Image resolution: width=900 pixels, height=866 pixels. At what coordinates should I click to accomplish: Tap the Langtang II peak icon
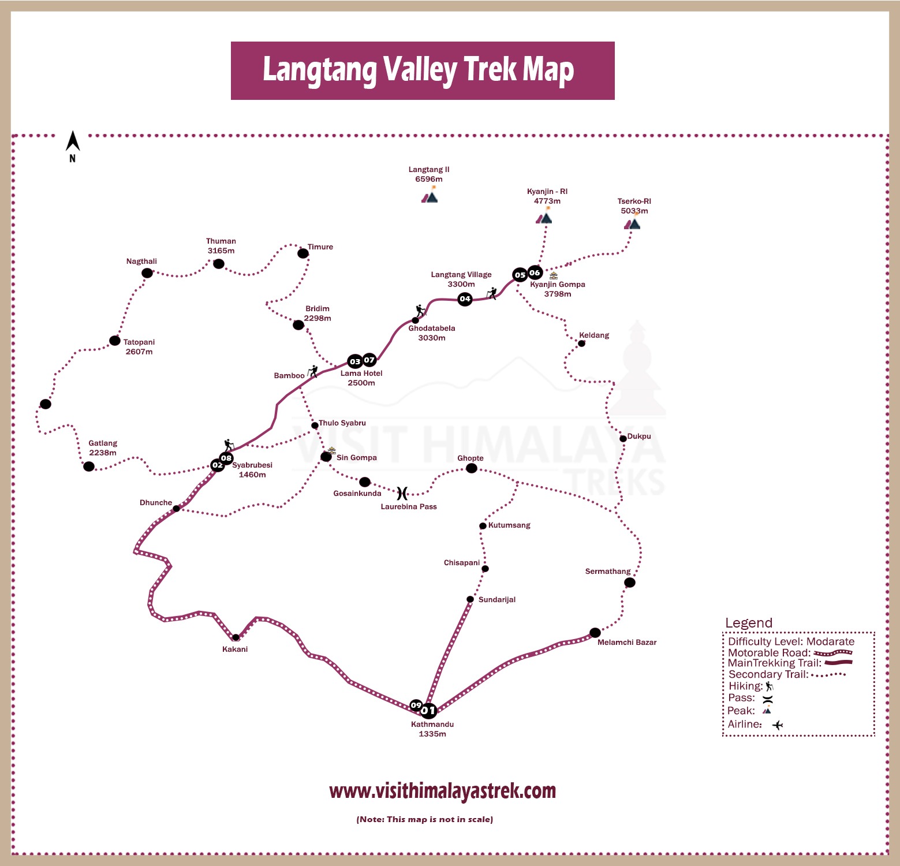tap(430, 197)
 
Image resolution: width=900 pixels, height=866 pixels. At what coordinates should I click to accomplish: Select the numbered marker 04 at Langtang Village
tap(465, 299)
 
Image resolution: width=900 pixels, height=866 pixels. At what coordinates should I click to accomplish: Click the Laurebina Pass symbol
tap(402, 493)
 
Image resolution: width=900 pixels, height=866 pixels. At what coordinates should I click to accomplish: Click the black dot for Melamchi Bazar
tap(595, 633)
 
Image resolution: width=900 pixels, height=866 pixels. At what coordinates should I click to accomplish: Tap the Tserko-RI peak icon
tap(633, 223)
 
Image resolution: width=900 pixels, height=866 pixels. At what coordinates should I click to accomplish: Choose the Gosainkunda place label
tap(357, 494)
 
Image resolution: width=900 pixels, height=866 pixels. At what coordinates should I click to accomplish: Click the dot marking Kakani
tap(236, 637)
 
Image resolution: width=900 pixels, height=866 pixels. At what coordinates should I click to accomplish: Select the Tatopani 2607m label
tap(139, 347)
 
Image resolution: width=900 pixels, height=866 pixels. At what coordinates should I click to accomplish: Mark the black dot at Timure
tap(303, 253)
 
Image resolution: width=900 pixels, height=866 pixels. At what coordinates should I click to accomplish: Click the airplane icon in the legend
tap(778, 725)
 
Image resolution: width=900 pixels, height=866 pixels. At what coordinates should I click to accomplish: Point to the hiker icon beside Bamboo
tap(313, 371)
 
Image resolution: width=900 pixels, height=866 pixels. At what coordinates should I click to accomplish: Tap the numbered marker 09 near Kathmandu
tap(416, 705)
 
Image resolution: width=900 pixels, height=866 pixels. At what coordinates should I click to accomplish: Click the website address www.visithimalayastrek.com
tap(442, 791)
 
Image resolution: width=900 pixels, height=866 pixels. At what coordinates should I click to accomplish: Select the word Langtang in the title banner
tap(319, 70)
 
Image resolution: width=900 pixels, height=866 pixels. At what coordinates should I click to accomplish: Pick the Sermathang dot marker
tap(630, 583)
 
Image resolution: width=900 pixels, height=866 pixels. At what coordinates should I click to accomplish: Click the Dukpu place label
tap(639, 436)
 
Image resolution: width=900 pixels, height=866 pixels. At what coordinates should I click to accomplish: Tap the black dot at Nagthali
tap(147, 273)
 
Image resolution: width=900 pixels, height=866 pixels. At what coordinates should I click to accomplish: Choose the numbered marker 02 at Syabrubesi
tap(217, 465)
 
